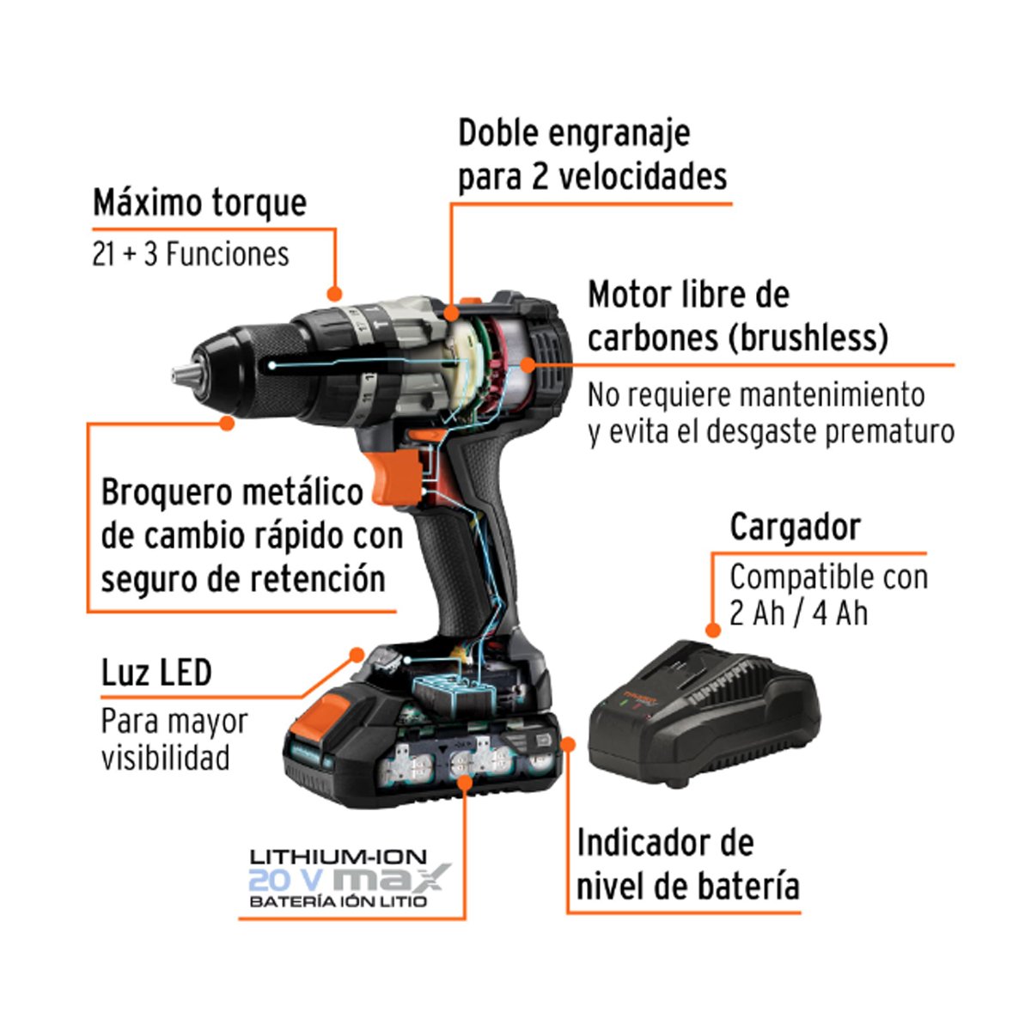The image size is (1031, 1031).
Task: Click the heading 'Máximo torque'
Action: click(199, 203)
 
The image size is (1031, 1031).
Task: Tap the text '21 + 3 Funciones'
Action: click(191, 254)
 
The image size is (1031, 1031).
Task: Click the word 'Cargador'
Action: click(795, 527)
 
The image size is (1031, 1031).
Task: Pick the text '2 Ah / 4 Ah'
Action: click(799, 613)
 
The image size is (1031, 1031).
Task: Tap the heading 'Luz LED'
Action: click(156, 673)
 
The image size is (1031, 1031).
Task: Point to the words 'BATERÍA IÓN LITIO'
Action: click(338, 901)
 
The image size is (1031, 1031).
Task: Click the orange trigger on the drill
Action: click(398, 478)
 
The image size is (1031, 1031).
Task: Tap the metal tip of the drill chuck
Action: click(182, 374)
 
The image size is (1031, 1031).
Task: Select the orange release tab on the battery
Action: click(321, 716)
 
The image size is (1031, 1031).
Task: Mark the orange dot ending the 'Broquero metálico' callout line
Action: click(227, 423)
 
